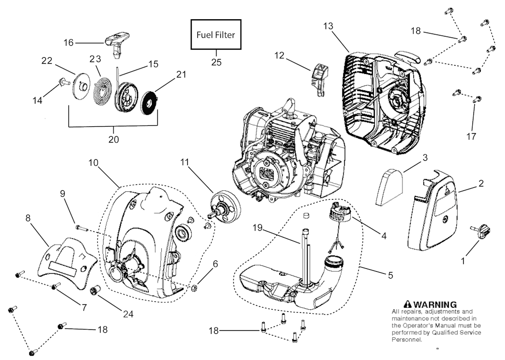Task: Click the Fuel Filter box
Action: (216, 35)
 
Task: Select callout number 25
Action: (216, 63)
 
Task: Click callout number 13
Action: (328, 26)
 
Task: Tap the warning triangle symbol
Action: (407, 304)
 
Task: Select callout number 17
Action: (471, 136)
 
